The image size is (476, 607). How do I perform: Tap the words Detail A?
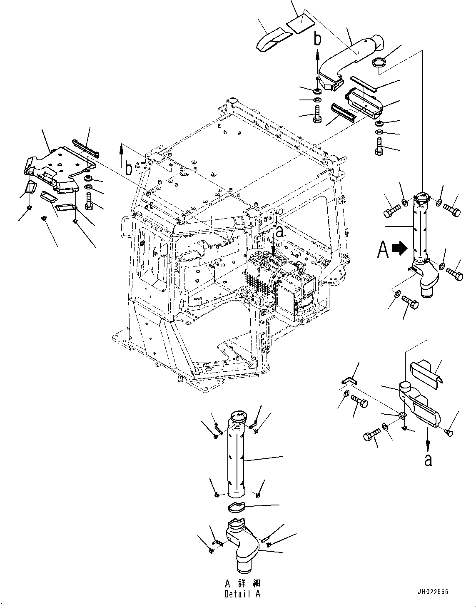(242, 594)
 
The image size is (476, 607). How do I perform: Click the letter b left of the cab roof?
(129, 169)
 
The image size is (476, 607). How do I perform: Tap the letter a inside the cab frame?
(279, 232)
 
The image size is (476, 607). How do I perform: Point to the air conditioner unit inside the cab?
(283, 283)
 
